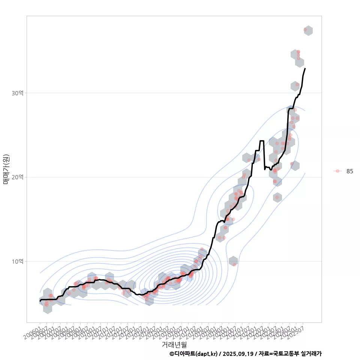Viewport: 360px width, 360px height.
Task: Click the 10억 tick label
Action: coord(18,261)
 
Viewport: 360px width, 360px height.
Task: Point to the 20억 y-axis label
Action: coord(18,177)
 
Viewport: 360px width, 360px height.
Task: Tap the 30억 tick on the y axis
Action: coord(18,93)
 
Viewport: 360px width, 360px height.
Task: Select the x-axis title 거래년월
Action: coord(174,344)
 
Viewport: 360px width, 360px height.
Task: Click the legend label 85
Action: coord(349,171)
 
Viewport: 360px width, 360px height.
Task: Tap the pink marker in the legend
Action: coord(337,171)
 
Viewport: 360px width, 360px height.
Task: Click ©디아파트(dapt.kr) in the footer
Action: coord(193,354)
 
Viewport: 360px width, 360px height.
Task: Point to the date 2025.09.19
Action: coord(238,354)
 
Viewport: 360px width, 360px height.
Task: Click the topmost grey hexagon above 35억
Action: coord(308,31)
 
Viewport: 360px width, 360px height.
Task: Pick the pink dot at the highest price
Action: coord(305,29)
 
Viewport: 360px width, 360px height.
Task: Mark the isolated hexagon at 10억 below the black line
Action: coord(233,261)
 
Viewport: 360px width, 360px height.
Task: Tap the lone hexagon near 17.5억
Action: coord(277,198)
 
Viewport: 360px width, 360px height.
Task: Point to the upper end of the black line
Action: coord(305,69)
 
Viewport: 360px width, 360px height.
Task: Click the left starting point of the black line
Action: coord(40,301)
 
